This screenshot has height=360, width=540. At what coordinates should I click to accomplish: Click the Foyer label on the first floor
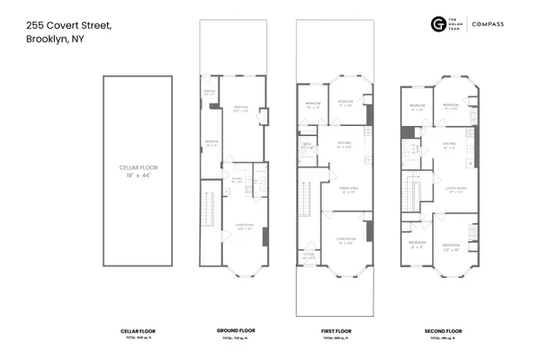click(309, 256)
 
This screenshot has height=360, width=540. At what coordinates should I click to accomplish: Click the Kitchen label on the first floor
click(344, 144)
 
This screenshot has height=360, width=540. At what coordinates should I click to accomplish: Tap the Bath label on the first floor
click(307, 146)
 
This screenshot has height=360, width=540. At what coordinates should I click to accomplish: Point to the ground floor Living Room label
click(243, 226)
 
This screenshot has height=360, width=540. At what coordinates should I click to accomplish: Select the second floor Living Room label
click(453, 189)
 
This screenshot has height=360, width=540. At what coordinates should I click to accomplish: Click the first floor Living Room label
click(345, 239)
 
